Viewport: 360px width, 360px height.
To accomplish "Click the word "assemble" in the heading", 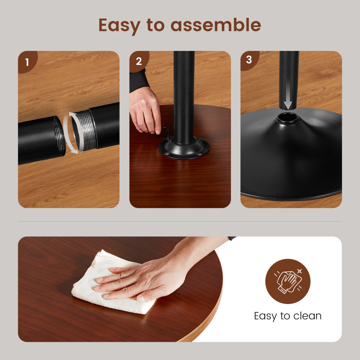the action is point(216,25).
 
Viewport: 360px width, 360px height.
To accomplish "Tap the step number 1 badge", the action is point(27,61).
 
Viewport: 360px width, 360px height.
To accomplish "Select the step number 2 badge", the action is point(139,61).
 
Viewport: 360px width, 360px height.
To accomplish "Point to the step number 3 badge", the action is point(249,60).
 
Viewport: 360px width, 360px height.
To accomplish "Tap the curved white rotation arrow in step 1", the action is point(72,133).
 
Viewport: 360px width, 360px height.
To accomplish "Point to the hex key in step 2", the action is point(167,132).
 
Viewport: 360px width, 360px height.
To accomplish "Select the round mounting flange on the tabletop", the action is point(184,148).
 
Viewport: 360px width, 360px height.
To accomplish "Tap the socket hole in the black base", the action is point(288,117).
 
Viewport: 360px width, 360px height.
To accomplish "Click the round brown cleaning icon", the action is point(288,281).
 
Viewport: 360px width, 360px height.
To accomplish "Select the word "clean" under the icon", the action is point(307,316).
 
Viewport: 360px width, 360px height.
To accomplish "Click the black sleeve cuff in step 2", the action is point(139,81).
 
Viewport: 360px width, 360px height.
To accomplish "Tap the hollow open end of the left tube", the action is point(59,136).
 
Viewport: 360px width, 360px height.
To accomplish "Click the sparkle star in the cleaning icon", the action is point(299,271).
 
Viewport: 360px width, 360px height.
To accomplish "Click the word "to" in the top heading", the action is point(156,25).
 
